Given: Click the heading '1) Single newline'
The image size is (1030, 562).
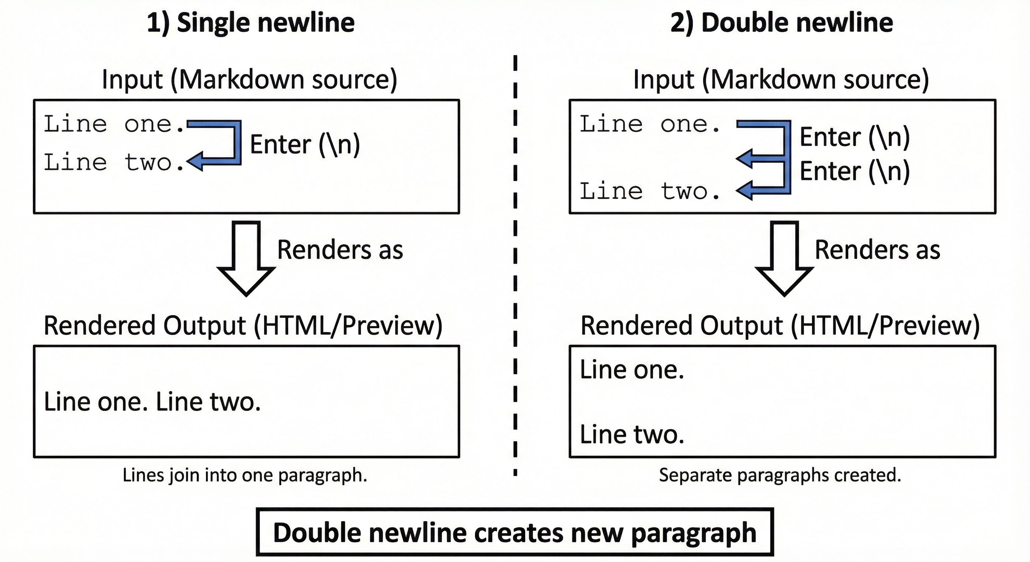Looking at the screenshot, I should pos(251,22).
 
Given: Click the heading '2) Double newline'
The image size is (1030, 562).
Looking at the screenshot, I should pos(781,22).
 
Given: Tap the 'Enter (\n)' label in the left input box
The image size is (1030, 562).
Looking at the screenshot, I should pos(305,145).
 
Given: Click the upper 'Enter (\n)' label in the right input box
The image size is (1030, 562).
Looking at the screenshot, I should pos(854,137).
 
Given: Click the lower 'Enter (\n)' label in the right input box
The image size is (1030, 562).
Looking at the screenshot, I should pos(854,171).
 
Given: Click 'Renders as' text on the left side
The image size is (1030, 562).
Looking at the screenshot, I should pos(340,250).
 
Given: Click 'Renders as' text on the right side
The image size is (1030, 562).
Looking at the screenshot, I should pos(877,250).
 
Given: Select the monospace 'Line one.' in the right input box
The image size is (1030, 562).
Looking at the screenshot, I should pos(650,124).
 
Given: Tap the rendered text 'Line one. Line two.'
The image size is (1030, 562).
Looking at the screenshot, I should pos(152,402).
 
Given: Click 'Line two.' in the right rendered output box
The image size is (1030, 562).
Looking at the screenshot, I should pos(632,434).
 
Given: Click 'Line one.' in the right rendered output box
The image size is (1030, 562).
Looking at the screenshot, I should pos(632,370).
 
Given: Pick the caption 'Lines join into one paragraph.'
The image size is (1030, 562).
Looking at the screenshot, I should pos(245,475).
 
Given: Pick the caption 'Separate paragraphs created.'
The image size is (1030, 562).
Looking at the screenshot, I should pos(780,475).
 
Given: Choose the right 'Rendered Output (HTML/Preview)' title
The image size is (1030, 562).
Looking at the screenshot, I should pos(780,325).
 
